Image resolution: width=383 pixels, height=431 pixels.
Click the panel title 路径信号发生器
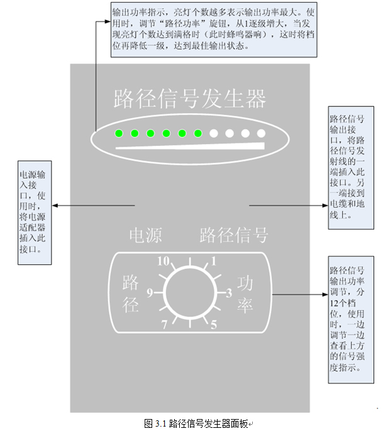[190, 99]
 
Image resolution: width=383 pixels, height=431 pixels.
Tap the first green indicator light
[118, 133]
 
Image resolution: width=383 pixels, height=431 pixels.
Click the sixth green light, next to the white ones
[197, 133]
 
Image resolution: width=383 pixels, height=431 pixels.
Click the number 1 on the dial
[214, 260]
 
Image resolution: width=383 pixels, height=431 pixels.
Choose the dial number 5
[213, 325]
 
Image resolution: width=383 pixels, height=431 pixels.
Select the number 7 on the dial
[164, 325]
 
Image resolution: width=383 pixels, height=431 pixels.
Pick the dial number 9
[150, 293]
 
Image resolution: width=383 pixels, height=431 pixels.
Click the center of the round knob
[189, 293]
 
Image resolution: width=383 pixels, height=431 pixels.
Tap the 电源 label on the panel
[145, 235]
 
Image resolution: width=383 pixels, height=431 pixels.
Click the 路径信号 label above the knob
[234, 235]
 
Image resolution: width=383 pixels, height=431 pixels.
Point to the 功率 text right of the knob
[244, 294]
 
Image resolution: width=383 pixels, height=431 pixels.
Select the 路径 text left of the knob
[130, 294]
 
